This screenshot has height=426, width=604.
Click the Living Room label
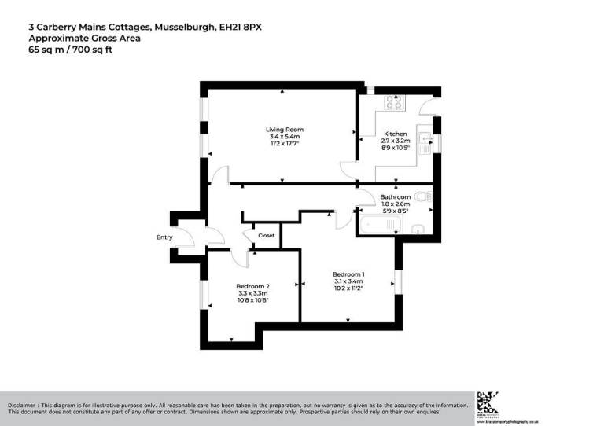pos(284,130)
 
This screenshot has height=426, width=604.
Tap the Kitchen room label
pos(395,134)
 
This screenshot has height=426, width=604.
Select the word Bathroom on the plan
pos(396,196)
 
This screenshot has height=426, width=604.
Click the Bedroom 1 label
pos(348,273)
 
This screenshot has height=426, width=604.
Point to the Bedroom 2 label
pos(252,286)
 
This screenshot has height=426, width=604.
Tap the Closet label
pos(266,235)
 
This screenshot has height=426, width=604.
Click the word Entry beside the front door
pos(164,237)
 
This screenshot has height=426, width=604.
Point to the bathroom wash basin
pos(418,229)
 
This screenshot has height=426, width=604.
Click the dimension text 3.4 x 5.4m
pos(284,138)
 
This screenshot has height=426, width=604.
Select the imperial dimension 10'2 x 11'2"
pos(348,288)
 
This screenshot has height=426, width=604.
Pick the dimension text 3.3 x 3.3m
pos(252,294)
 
